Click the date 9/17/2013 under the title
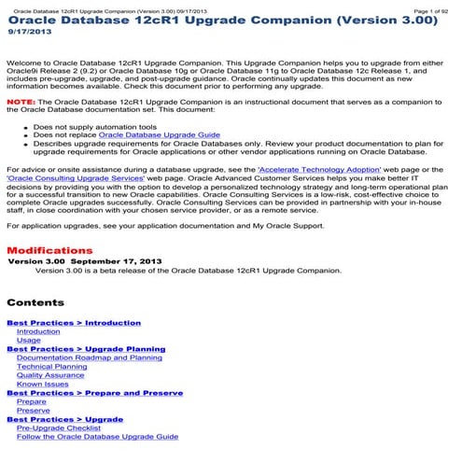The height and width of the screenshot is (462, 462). click(x=26, y=32)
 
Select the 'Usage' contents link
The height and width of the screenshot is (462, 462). click(x=29, y=341)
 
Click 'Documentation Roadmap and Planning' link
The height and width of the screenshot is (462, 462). click(x=89, y=357)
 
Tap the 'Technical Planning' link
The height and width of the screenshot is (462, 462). click(x=52, y=367)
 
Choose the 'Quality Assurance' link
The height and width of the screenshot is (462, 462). click(x=50, y=375)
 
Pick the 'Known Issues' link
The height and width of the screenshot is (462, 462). click(x=43, y=384)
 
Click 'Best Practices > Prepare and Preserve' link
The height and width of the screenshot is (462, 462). click(x=95, y=393)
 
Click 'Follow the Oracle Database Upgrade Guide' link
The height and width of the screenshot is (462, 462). click(x=97, y=436)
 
